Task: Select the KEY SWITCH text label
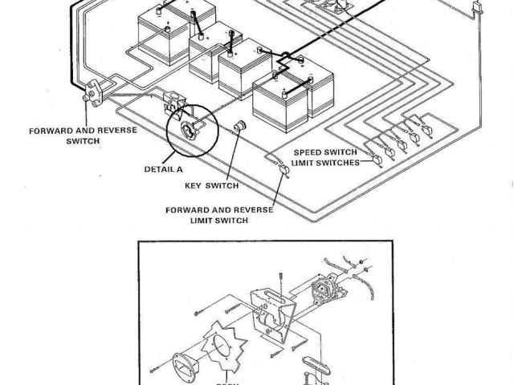[211, 186]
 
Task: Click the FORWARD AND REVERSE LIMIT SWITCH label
[219, 215]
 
